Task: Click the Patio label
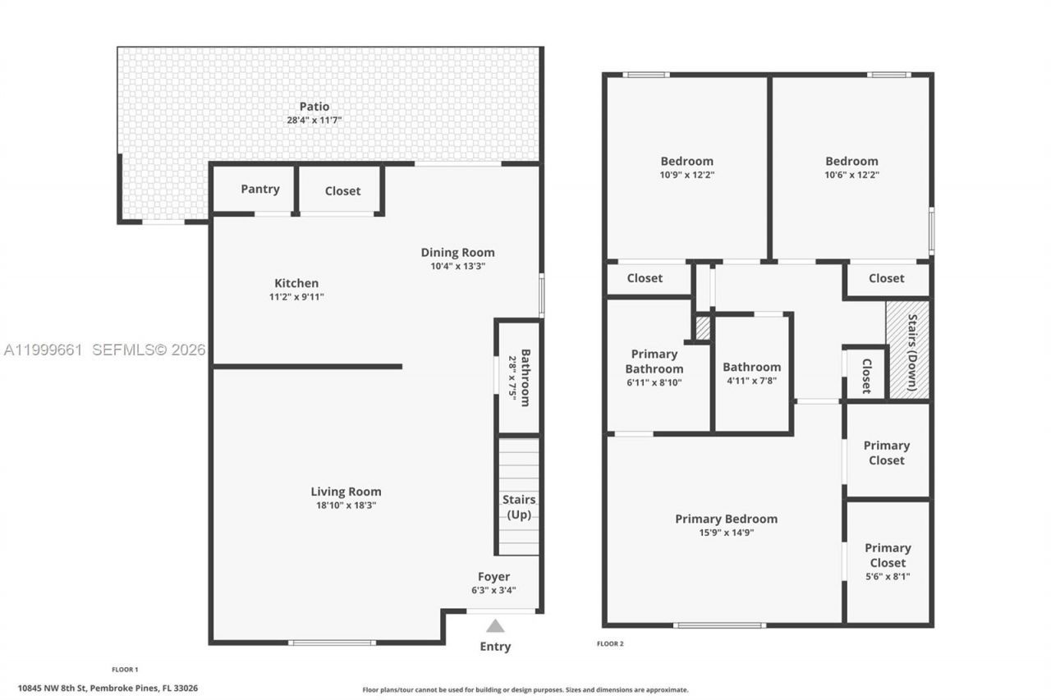(314, 106)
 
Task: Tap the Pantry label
(259, 189)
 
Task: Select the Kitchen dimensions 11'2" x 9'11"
(296, 297)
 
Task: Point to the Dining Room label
(457, 252)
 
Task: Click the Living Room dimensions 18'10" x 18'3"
(346, 506)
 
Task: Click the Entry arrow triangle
(495, 625)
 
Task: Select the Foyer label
(493, 576)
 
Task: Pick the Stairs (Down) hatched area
(908, 350)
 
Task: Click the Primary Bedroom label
(726, 519)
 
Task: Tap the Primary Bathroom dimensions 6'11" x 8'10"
(654, 382)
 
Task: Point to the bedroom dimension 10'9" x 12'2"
(686, 175)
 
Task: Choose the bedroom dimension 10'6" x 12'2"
(851, 175)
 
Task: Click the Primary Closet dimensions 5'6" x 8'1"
(887, 577)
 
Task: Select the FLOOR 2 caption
(610, 644)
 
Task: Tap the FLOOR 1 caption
(125, 670)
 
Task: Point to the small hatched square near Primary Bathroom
(703, 327)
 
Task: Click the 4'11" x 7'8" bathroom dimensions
(751, 381)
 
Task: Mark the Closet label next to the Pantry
(342, 190)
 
